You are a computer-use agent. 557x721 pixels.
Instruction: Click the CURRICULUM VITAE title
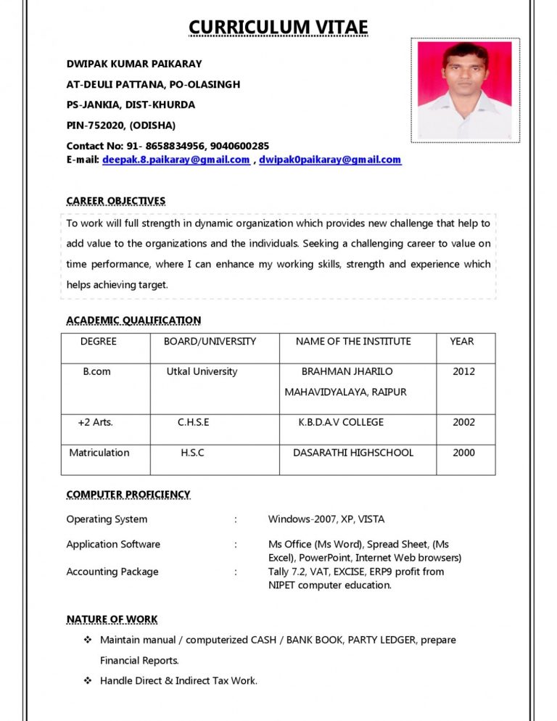(x=278, y=28)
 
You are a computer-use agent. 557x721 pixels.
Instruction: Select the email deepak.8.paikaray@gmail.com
(x=176, y=160)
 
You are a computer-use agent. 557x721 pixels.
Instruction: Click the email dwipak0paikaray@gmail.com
(x=330, y=160)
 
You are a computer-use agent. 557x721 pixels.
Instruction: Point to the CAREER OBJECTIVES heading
(x=116, y=201)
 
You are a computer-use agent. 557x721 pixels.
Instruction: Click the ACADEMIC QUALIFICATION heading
(x=133, y=320)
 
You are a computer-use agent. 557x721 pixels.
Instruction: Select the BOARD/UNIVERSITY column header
(x=210, y=342)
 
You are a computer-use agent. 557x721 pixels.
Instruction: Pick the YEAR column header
(x=461, y=342)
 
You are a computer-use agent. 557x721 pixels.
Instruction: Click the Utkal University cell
(x=202, y=372)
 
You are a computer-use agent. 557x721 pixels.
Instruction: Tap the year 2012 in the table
(x=463, y=372)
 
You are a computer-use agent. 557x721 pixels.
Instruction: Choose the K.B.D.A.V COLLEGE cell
(x=341, y=422)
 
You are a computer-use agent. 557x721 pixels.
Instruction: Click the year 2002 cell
(x=463, y=422)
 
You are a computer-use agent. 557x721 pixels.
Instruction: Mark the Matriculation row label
(x=99, y=453)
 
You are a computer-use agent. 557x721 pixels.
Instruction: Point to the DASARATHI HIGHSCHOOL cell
(x=353, y=453)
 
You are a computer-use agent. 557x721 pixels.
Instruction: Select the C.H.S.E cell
(x=193, y=422)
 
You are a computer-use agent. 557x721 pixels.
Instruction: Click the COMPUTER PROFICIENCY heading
(x=128, y=495)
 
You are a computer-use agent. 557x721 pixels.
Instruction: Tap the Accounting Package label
(x=112, y=572)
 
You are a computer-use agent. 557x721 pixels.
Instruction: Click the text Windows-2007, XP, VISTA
(x=326, y=519)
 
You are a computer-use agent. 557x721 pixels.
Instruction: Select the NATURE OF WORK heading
(x=112, y=619)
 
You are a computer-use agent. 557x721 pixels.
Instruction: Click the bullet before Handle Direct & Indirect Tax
(x=88, y=681)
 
